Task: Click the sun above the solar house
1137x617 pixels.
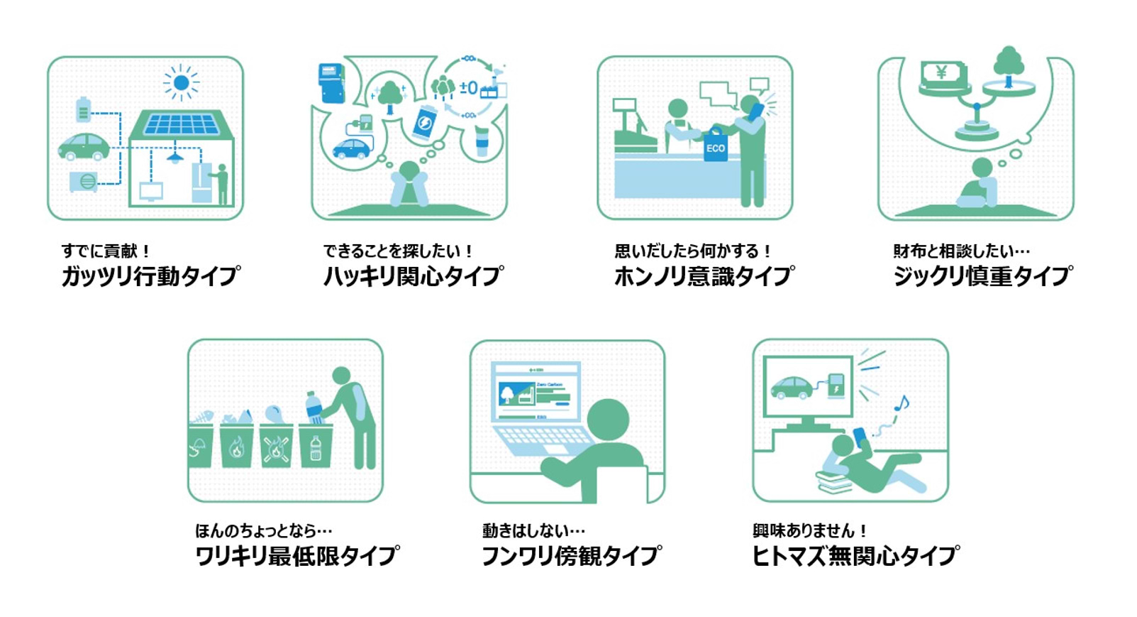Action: pos(181,83)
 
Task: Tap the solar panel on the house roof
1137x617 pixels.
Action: pos(182,125)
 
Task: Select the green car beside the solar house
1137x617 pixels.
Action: pos(84,147)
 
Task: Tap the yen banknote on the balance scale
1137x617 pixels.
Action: pos(943,74)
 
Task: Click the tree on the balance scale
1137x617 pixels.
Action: pos(1008,65)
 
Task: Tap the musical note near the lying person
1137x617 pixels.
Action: pos(901,404)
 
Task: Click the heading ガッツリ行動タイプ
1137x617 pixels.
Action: pos(150,275)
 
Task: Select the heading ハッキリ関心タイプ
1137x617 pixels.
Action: pos(414,275)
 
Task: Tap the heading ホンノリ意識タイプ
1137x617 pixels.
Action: pos(704,275)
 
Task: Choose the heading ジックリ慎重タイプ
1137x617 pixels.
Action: pos(982,275)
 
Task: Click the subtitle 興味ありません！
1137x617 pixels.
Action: pos(809,530)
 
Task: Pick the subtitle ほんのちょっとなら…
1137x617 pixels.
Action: pos(263,530)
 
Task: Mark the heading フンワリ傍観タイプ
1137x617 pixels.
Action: pos(571,555)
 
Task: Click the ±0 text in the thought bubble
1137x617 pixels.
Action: pos(468,88)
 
